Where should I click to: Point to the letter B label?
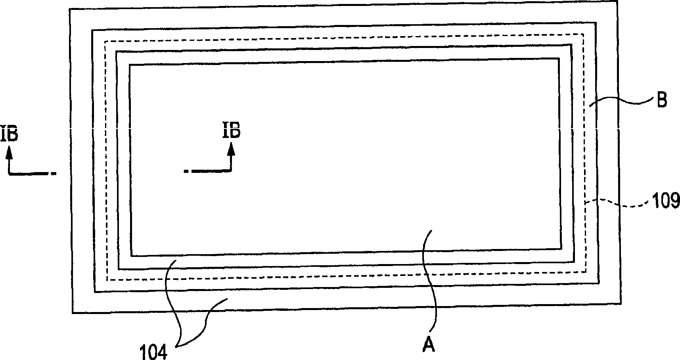coord(661,100)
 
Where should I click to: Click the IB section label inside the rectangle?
coord(231,130)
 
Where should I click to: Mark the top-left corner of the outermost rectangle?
coord(70,9)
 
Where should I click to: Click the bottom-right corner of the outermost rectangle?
coord(621,304)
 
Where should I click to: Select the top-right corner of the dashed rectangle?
coord(584,34)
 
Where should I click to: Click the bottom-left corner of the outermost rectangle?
coord(72,313)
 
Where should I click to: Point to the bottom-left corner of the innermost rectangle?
coord(132,256)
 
